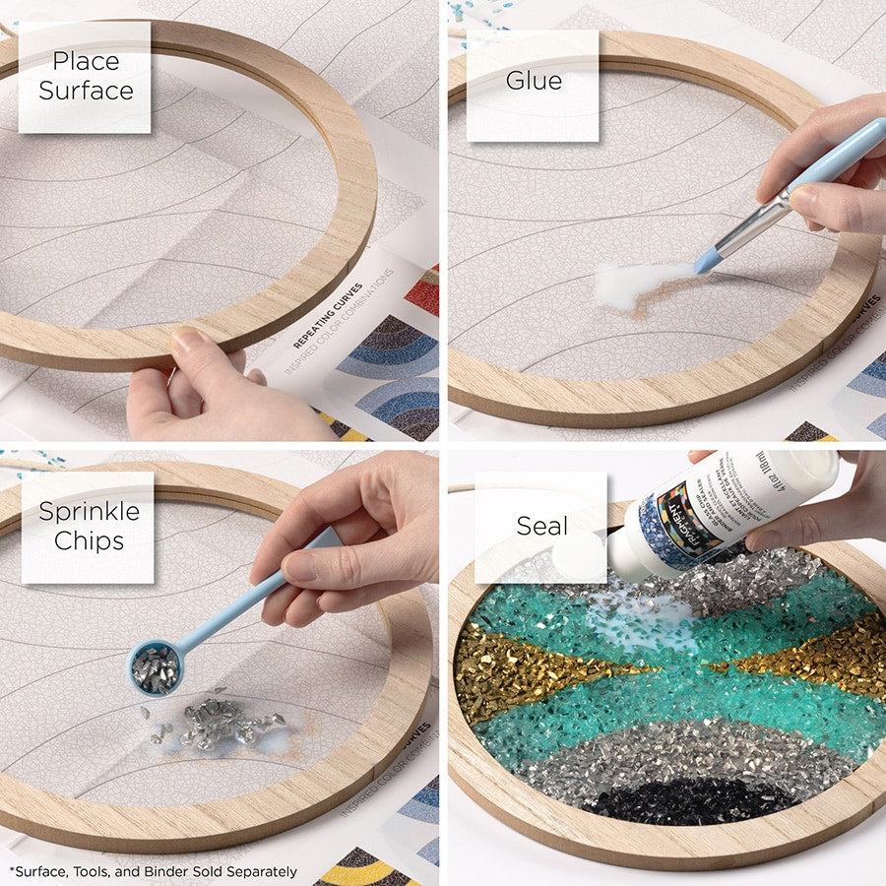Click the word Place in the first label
[x=86, y=61]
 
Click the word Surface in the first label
[x=86, y=92]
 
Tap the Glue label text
[x=534, y=81]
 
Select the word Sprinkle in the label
[x=89, y=511]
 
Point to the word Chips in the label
[x=89, y=541]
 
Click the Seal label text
[x=541, y=526]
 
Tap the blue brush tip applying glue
[x=705, y=262]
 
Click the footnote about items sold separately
[x=153, y=871]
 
